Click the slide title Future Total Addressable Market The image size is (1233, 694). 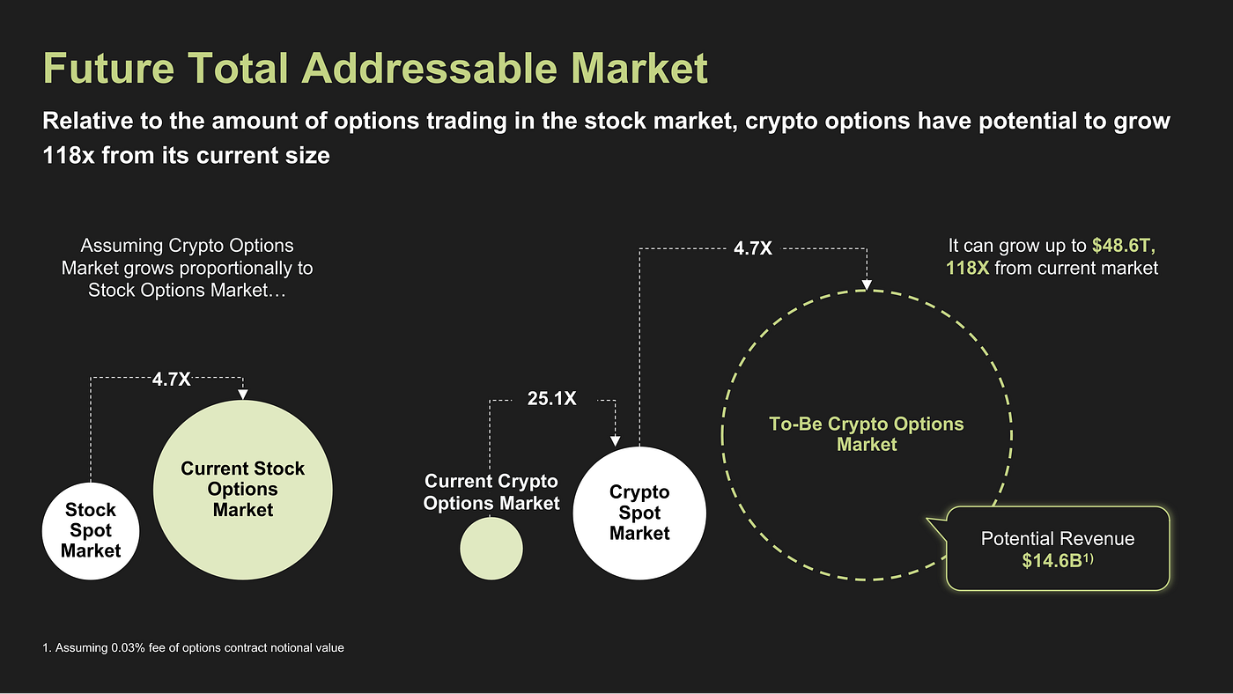pyautogui.click(x=375, y=69)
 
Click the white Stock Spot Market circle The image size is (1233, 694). pyautogui.click(x=91, y=530)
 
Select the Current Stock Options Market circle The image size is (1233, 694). pyautogui.click(x=243, y=489)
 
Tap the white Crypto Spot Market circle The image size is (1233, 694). pyautogui.click(x=639, y=513)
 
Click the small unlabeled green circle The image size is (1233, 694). pyautogui.click(x=491, y=549)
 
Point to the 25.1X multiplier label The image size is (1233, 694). pyautogui.click(x=551, y=399)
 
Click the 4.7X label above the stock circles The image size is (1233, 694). pyautogui.click(x=171, y=380)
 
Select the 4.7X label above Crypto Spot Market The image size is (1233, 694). pyautogui.click(x=752, y=248)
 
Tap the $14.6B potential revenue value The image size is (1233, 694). pyautogui.click(x=1052, y=560)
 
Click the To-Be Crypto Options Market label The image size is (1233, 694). pyautogui.click(x=867, y=434)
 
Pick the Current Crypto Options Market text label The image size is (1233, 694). pyautogui.click(x=491, y=492)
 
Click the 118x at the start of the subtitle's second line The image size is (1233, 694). pyautogui.click(x=67, y=156)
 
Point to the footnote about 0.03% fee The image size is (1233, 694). pyautogui.click(x=193, y=648)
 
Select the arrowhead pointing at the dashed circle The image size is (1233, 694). pyautogui.click(x=867, y=284)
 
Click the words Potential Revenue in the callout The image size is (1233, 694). pyautogui.click(x=1058, y=538)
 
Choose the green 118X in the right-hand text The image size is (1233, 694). pyautogui.click(x=968, y=268)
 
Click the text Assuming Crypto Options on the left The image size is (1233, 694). pyautogui.click(x=187, y=246)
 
